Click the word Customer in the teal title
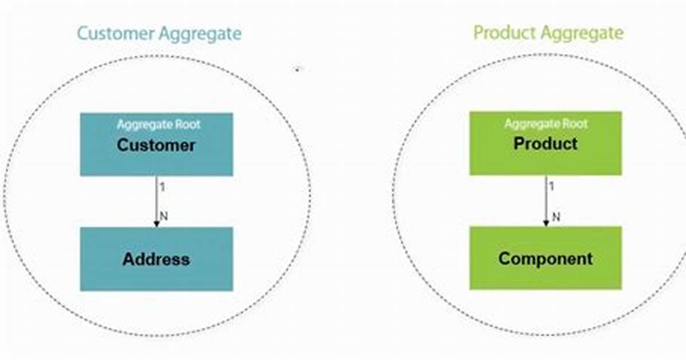click(115, 33)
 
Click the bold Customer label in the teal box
click(156, 145)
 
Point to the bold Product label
click(545, 143)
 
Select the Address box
click(157, 259)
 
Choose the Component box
click(545, 258)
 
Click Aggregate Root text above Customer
click(158, 124)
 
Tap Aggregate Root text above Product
click(546, 124)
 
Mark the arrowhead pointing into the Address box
click(156, 224)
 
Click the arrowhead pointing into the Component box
click(546, 223)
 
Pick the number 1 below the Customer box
click(162, 187)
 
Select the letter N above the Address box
click(163, 216)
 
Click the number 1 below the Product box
click(551, 186)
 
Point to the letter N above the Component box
click(556, 217)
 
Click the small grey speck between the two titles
click(298, 69)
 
